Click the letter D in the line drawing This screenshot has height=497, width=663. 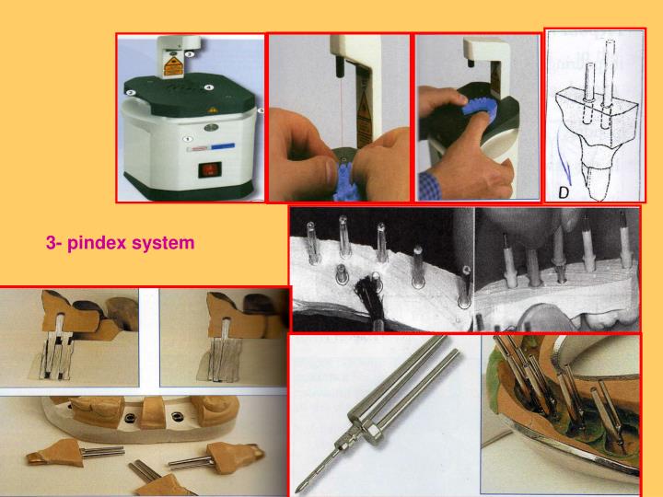[564, 192]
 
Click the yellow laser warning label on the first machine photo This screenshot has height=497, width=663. [172, 65]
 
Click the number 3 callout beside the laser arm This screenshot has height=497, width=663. [190, 54]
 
